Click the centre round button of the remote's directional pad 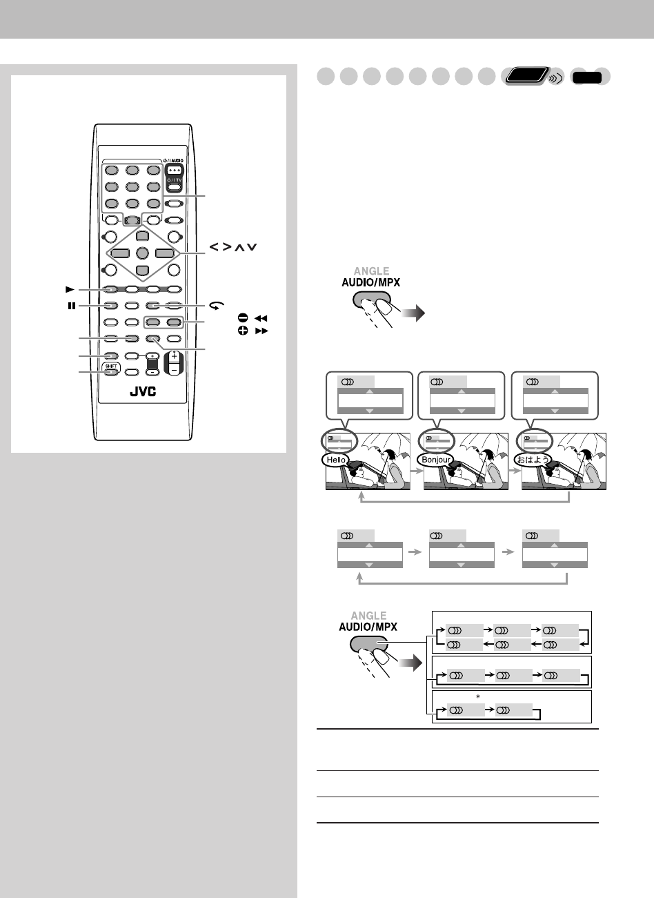pyautogui.click(x=143, y=253)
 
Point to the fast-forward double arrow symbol pyautogui.click(x=259, y=331)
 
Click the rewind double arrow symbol pyautogui.click(x=259, y=318)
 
